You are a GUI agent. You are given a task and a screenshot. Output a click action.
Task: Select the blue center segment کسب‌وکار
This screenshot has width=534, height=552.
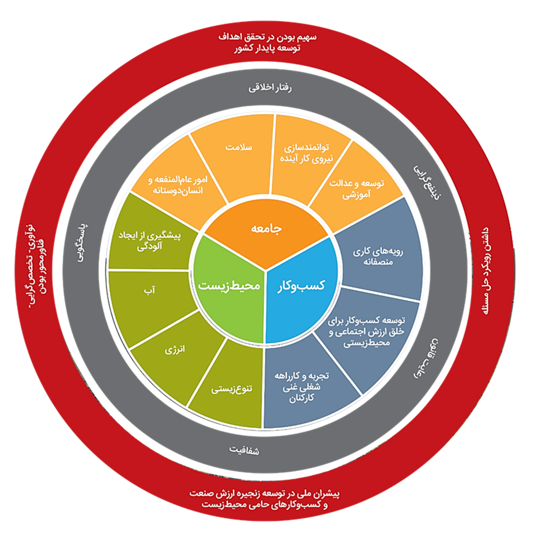(305, 286)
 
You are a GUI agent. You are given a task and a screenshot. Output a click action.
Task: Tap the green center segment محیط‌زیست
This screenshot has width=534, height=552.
(230, 286)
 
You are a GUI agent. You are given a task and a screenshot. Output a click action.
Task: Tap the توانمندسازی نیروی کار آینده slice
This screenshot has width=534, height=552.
(308, 151)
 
